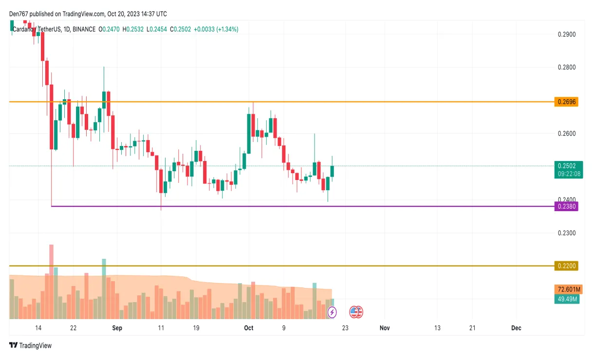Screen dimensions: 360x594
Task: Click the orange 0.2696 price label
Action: point(566,102)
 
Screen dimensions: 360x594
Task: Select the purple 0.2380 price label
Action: point(566,207)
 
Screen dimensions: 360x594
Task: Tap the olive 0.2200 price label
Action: point(566,266)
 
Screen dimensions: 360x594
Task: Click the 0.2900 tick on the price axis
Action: point(566,35)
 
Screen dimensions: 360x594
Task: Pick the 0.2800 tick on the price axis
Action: point(566,68)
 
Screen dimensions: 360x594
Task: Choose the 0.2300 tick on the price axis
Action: point(566,233)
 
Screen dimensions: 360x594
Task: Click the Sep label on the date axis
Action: point(117,328)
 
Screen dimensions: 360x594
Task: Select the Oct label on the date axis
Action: point(249,328)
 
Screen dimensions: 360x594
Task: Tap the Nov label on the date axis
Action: point(385,328)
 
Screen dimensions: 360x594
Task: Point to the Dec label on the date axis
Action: point(516,328)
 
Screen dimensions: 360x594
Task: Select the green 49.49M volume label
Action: point(566,299)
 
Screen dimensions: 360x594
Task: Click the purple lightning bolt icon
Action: point(332,312)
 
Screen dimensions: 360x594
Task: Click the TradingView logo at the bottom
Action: point(30,345)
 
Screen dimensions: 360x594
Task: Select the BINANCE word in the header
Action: point(84,30)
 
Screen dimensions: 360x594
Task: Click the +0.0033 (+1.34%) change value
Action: point(216,30)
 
